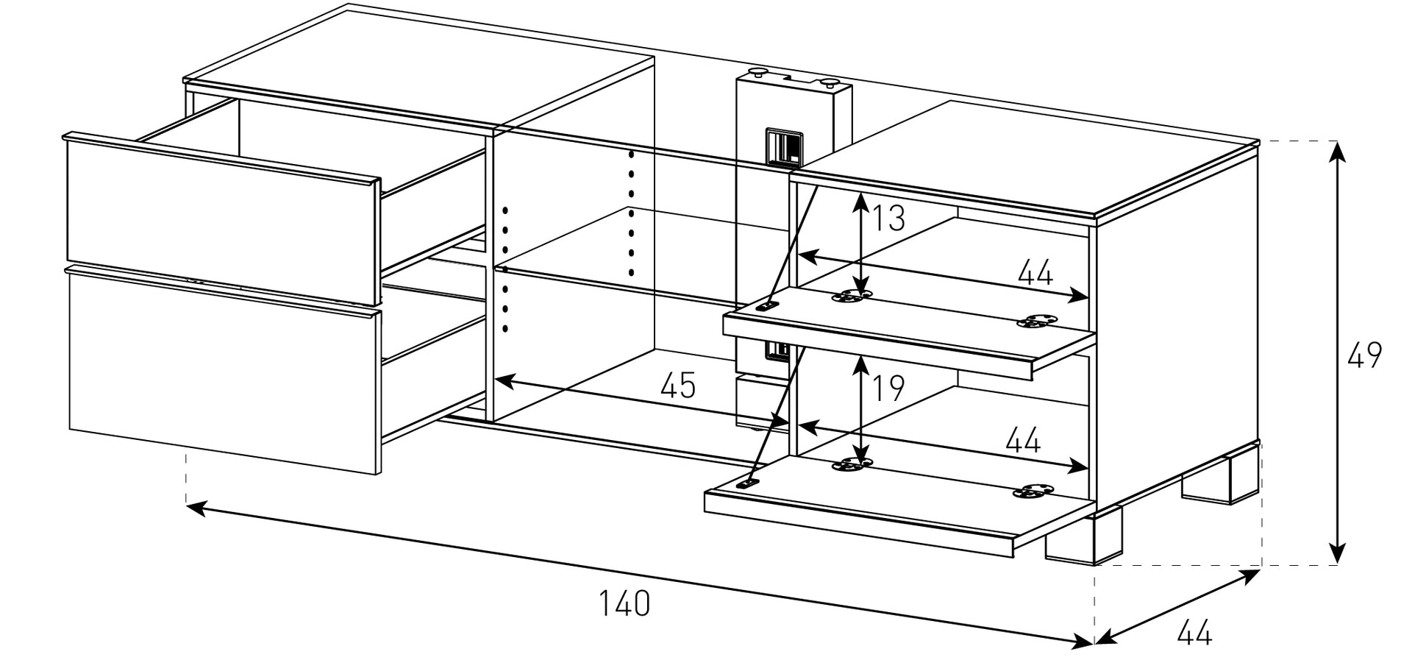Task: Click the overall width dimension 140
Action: click(x=624, y=603)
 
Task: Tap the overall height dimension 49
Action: click(x=1364, y=355)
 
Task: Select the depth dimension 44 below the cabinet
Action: click(x=1194, y=633)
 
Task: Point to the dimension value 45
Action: click(x=677, y=386)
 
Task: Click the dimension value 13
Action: click(x=888, y=218)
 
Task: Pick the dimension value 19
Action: click(x=888, y=388)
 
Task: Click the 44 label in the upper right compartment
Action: click(x=1035, y=274)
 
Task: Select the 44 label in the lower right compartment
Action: click(x=1022, y=441)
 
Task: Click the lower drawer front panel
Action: click(x=221, y=368)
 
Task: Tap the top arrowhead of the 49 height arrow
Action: click(x=1338, y=147)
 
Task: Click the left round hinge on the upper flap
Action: click(x=851, y=297)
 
